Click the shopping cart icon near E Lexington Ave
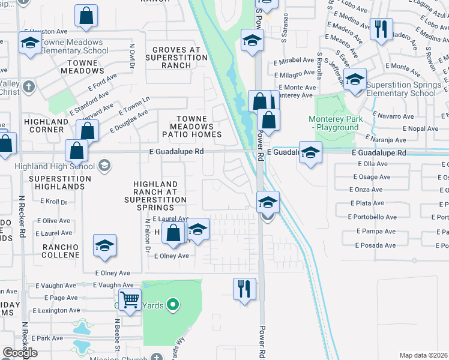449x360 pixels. coord(130,299)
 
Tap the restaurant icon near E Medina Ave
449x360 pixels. coord(381,29)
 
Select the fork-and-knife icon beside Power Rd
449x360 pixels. coord(244,289)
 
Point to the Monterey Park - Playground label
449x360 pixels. coord(336,123)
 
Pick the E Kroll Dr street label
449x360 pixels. coord(55,202)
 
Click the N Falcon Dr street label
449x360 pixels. coord(146,235)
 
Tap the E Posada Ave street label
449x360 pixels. coord(376,245)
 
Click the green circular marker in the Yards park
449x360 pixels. coord(173,305)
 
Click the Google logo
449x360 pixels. coord(20,353)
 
